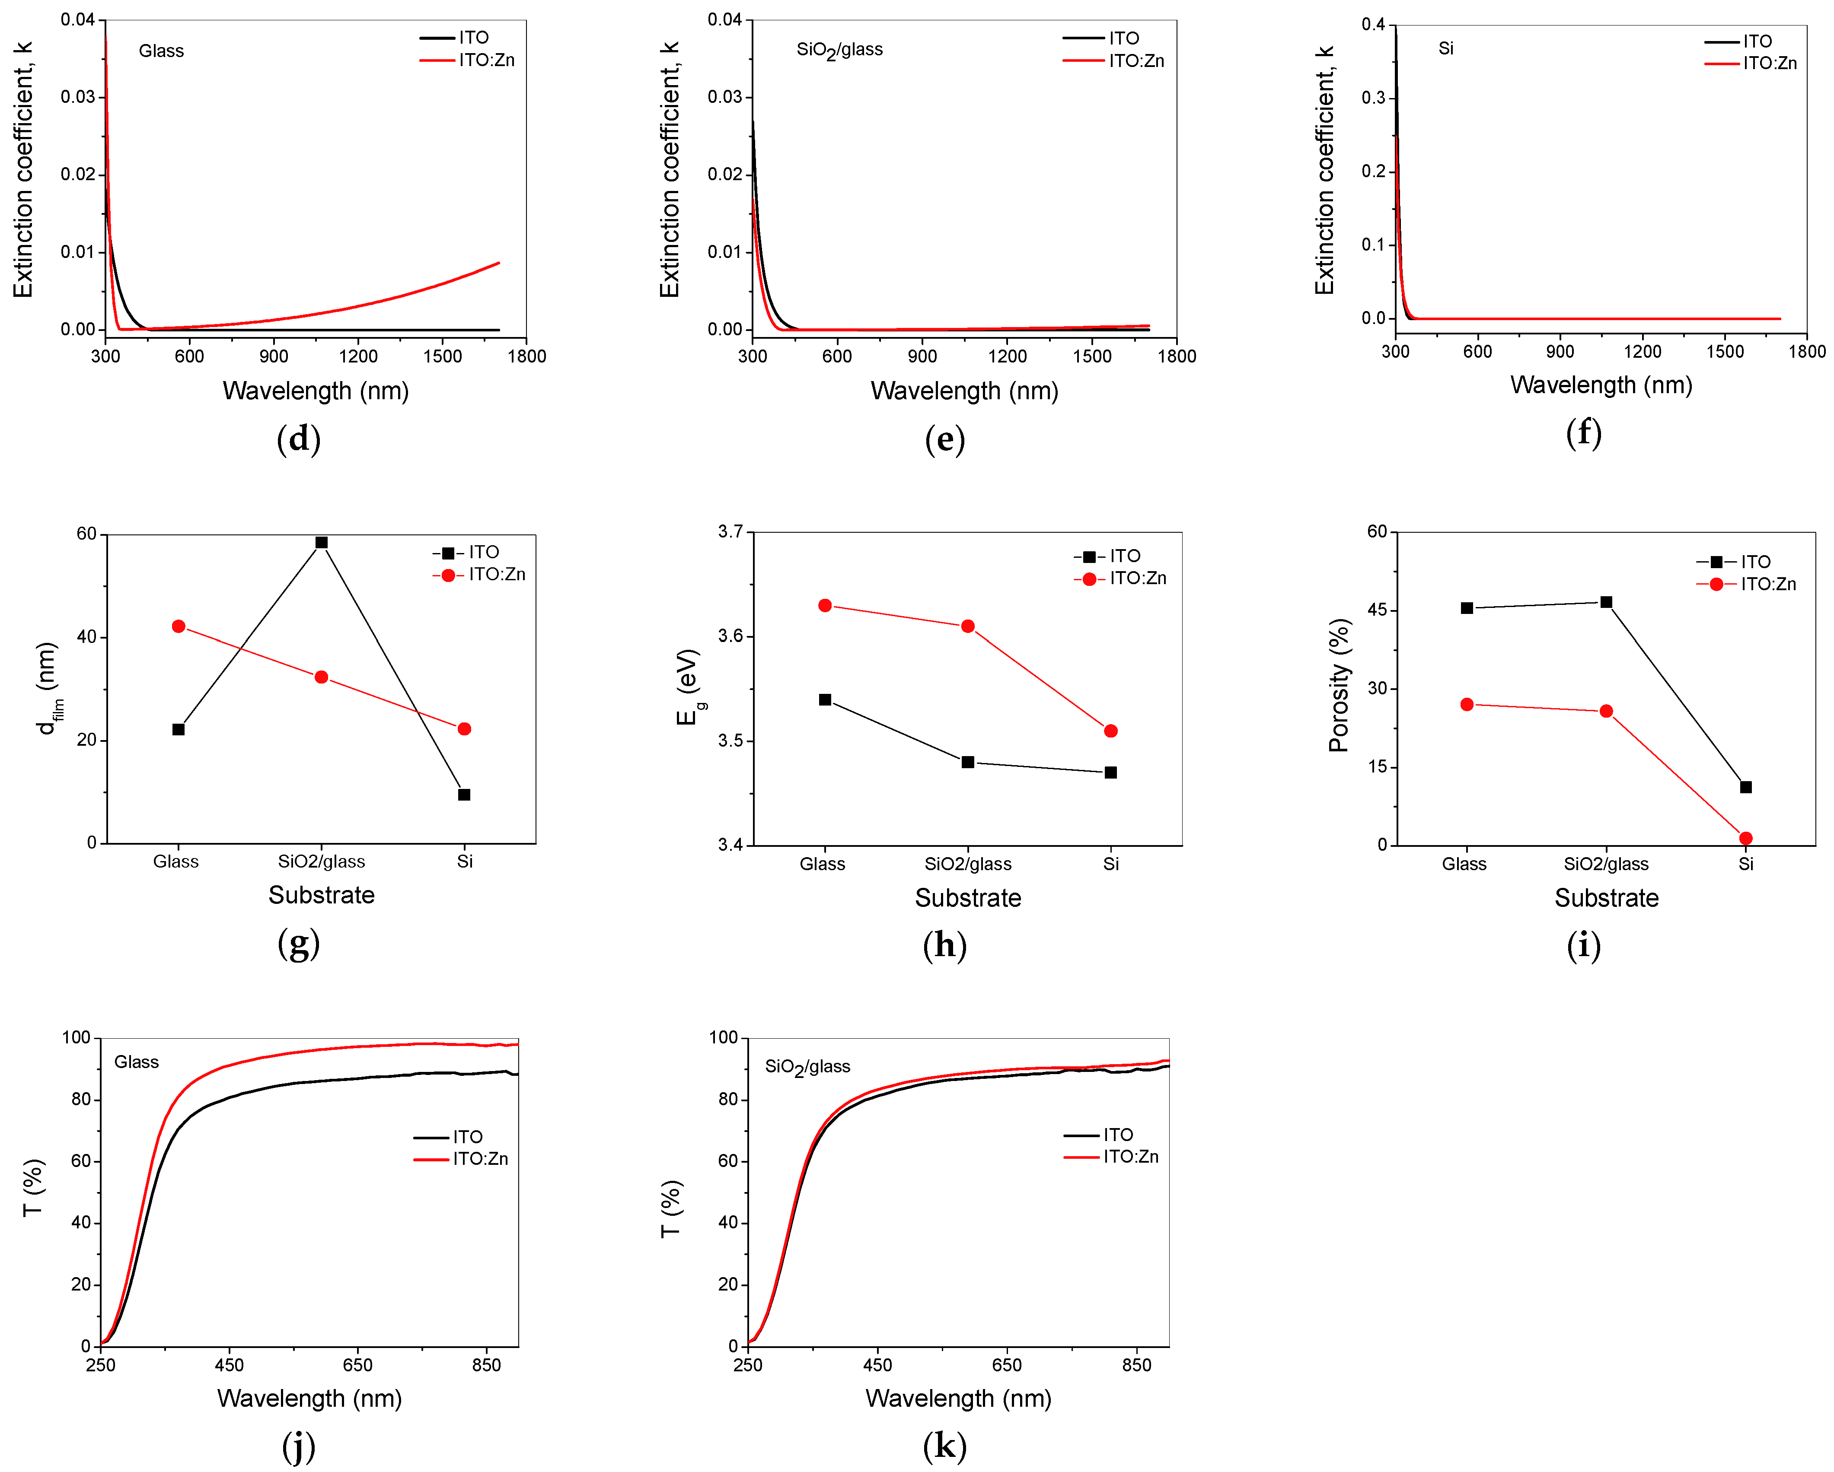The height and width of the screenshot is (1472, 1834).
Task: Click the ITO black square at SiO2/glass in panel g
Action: [322, 543]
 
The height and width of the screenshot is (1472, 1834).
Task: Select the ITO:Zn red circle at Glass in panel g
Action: [179, 627]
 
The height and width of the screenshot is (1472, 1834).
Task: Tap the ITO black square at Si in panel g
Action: [465, 795]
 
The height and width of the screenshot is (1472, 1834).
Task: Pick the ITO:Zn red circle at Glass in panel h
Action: [825, 605]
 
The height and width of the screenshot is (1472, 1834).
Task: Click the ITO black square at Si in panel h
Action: [1111, 773]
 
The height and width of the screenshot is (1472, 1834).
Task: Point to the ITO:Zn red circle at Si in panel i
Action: [1745, 839]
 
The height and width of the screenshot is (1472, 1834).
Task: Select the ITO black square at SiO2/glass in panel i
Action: [1606, 602]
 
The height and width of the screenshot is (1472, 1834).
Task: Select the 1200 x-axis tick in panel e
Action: [1007, 356]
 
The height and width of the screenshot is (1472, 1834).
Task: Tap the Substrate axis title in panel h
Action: [968, 898]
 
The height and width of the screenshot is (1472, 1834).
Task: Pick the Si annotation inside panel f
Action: [1445, 48]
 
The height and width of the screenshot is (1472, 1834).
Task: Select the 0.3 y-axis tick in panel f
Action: [1372, 98]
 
